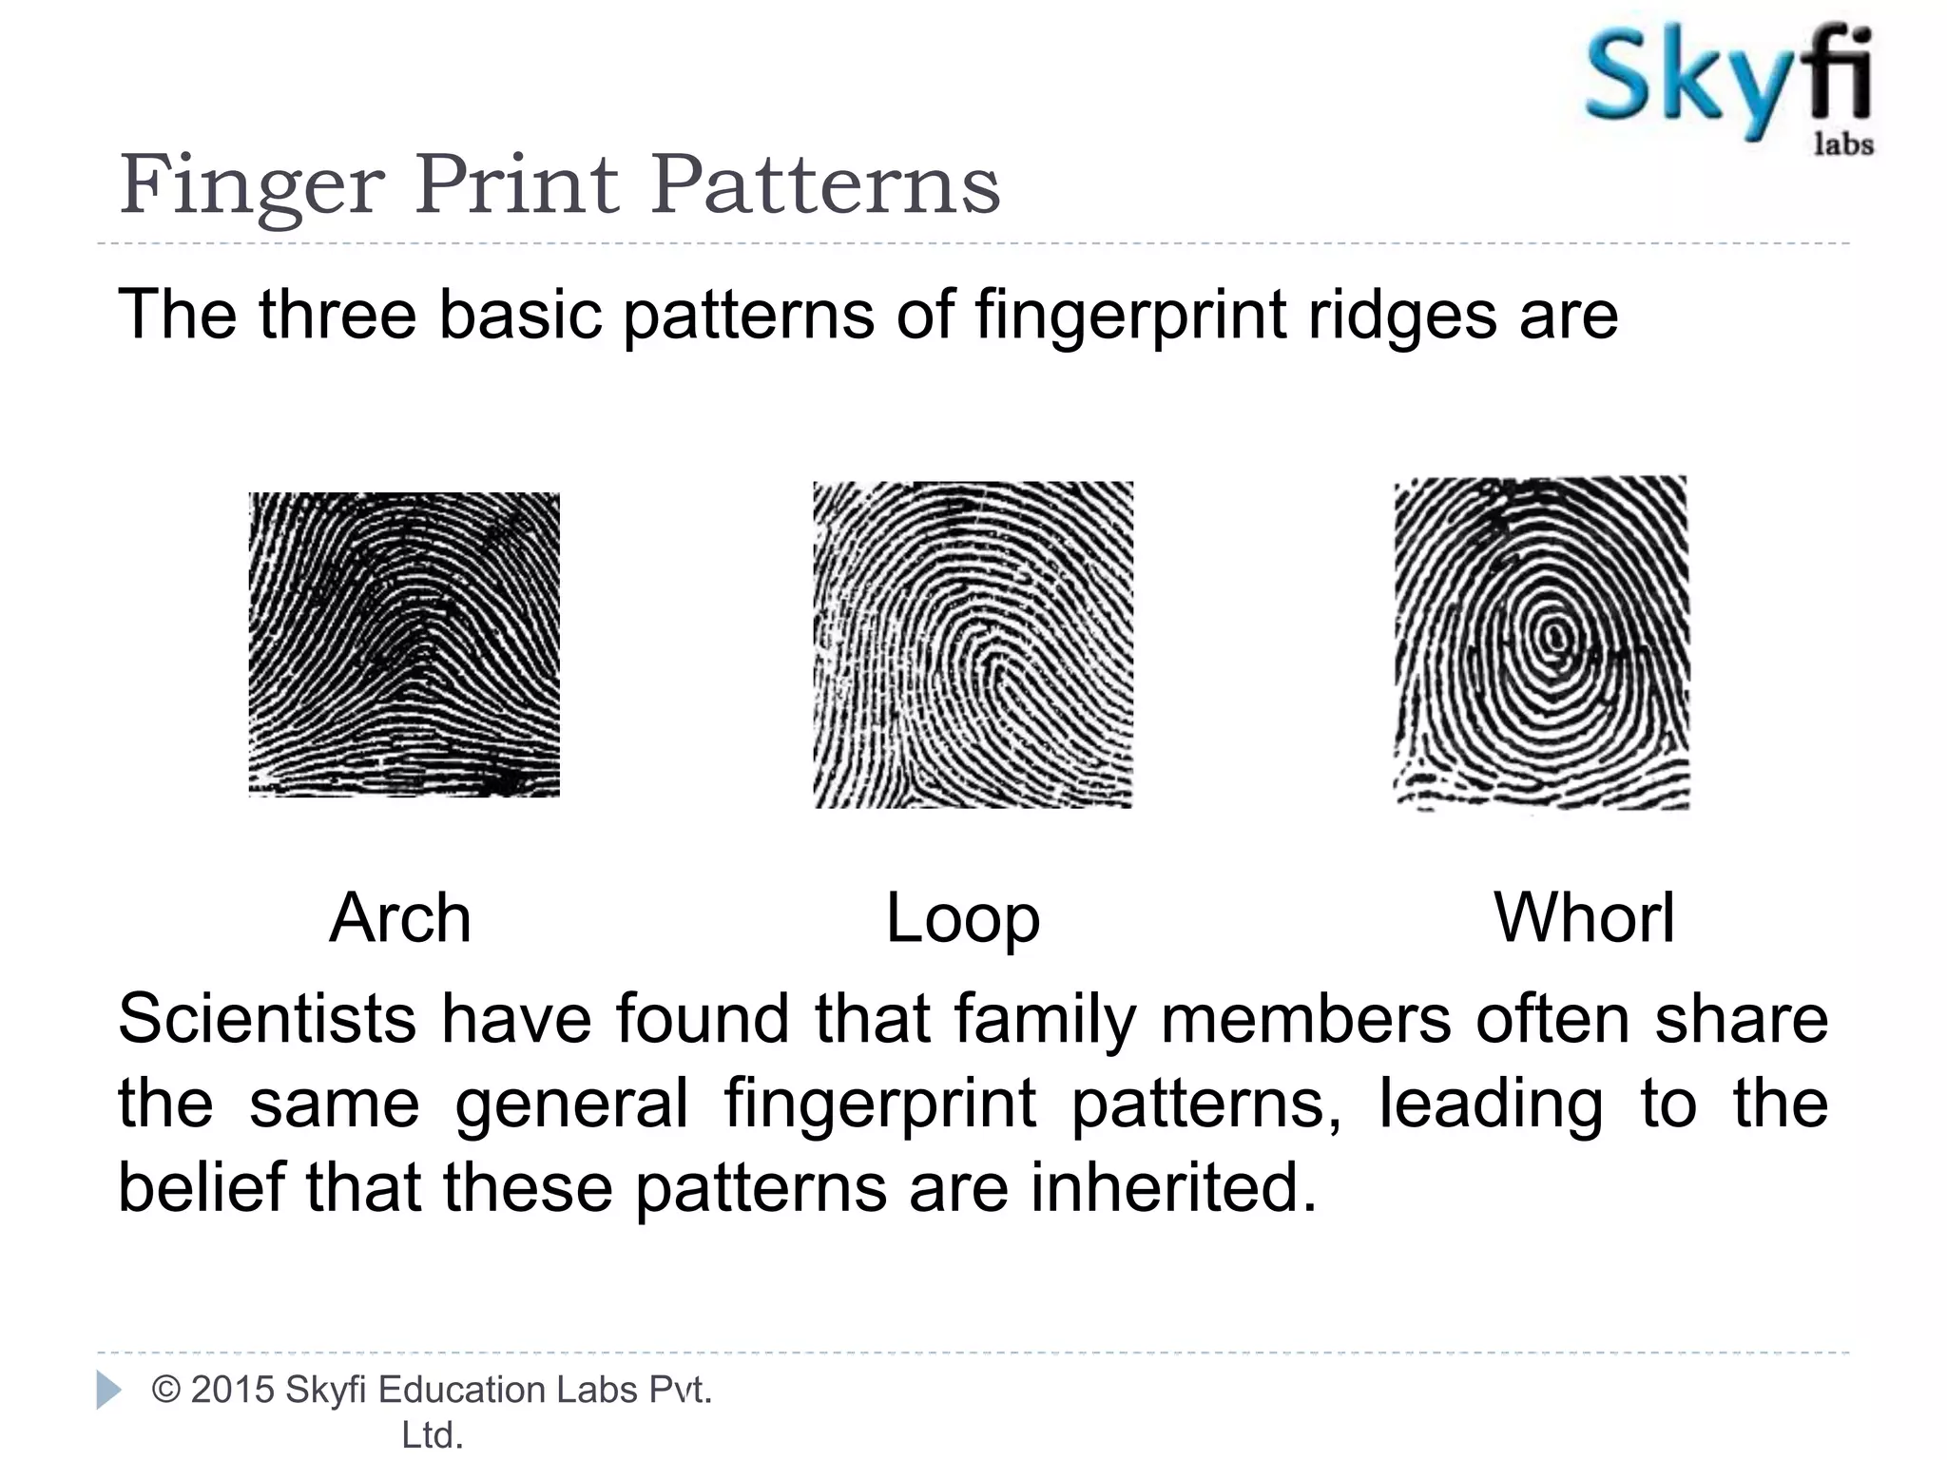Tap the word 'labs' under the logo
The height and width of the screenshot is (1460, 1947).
(1843, 145)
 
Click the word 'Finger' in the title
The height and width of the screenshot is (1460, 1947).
(252, 185)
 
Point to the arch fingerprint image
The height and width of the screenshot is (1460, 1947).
(404, 644)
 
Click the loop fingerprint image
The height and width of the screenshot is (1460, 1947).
(973, 644)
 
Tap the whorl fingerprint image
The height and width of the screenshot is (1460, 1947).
(1541, 643)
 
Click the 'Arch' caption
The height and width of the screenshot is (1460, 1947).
(400, 918)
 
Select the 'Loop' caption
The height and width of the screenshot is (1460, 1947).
(962, 919)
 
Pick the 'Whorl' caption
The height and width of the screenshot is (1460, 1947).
(1584, 918)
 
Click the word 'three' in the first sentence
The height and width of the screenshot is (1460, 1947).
(337, 315)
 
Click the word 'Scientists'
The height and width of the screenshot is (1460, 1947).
(267, 1019)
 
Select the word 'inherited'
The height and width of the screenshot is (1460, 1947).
(1173, 1188)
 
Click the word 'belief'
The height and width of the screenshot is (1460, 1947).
(201, 1188)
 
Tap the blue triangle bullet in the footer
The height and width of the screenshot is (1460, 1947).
(109, 1391)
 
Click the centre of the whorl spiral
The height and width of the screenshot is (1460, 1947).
(1555, 635)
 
